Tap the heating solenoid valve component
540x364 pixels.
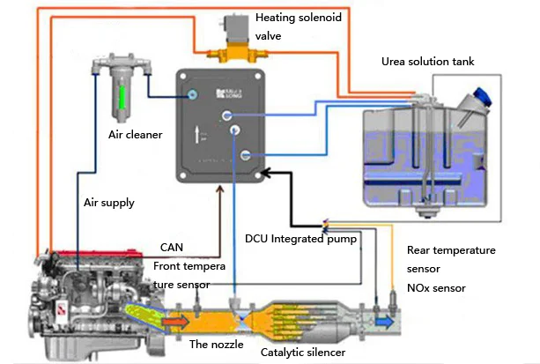tap(233, 44)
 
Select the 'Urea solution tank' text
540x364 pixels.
tap(428, 63)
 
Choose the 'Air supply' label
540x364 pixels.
tap(109, 203)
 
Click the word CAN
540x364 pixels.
tap(173, 248)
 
